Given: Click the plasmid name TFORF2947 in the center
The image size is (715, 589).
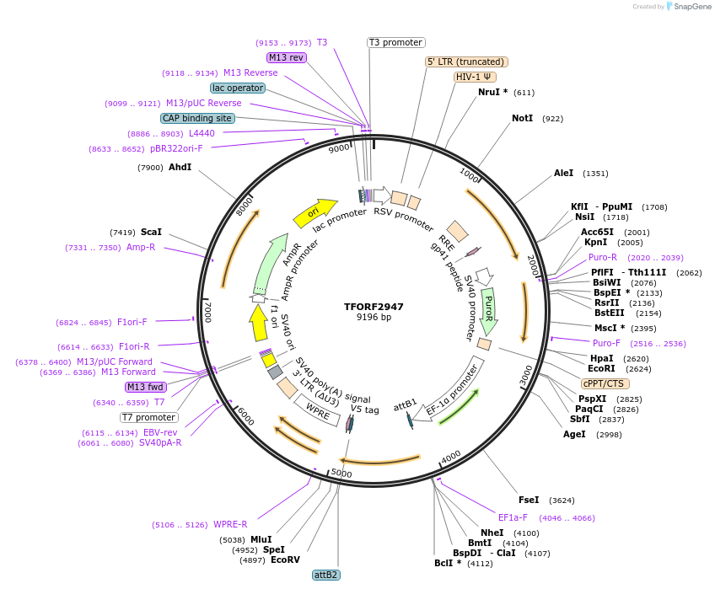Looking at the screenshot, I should [374, 307].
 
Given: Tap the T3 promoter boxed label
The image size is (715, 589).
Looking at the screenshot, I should [395, 42].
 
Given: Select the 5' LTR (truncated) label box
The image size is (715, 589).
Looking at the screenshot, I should [465, 62].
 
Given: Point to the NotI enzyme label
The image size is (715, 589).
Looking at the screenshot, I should [522, 118].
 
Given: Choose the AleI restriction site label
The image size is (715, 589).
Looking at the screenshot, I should [563, 173].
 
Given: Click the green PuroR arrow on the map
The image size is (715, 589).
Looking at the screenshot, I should [488, 310].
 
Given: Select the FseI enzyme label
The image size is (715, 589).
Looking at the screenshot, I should [529, 500].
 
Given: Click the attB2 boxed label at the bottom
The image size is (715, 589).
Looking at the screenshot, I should [325, 575].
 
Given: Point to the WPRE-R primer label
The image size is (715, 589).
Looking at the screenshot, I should [230, 524].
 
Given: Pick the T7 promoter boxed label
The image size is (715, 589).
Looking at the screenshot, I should [148, 417].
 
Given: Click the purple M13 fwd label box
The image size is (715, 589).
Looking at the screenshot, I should [145, 387].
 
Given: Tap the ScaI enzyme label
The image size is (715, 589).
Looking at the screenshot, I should [151, 232].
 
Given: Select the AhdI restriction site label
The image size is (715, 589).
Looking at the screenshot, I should [180, 167].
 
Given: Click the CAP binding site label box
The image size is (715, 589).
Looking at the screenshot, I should [196, 119].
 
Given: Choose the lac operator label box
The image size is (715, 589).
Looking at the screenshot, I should [237, 88].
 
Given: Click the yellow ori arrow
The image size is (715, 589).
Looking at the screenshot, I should [314, 213].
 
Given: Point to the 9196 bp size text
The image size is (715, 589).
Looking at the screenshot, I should [374, 318].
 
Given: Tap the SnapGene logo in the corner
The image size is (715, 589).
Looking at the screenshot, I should [689, 7].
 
